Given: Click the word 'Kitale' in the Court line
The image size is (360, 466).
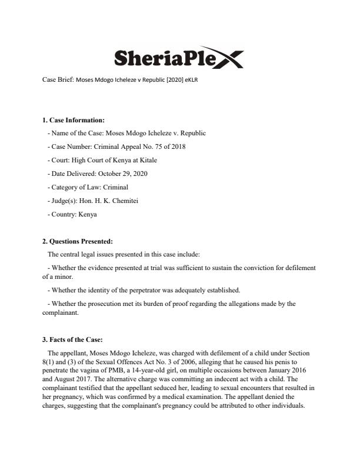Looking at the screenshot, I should tap(146, 160).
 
